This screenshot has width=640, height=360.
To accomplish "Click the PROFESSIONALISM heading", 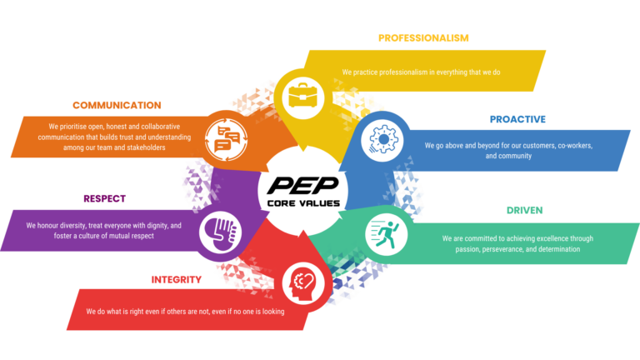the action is (x=423, y=38).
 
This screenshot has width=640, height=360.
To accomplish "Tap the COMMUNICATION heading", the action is (x=117, y=105).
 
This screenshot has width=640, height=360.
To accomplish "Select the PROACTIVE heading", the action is (x=517, y=119).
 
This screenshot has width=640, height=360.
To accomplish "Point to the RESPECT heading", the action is (x=104, y=199).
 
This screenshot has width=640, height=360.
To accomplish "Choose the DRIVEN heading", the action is (x=524, y=210).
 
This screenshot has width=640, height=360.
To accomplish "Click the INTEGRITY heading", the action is (x=177, y=280).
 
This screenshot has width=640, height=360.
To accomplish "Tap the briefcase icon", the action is (x=302, y=96).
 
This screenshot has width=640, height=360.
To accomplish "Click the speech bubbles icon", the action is (x=226, y=139).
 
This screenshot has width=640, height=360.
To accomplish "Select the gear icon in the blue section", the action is (x=382, y=139).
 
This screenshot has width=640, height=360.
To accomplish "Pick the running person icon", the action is (x=385, y=234).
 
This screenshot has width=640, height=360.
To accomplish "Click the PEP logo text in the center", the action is (x=303, y=186).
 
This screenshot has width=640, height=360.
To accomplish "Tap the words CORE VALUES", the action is (x=303, y=203).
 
